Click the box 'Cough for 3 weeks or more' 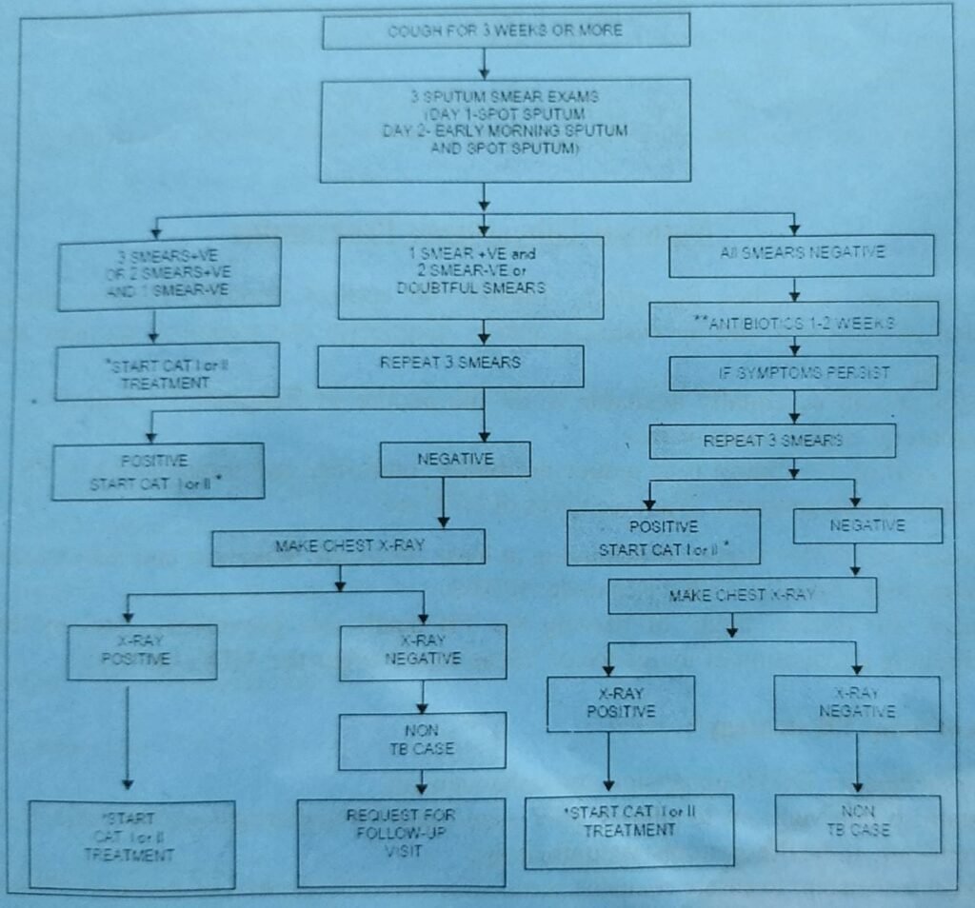pos(506,30)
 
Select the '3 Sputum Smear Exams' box pos(506,130)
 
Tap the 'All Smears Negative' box pos(803,254)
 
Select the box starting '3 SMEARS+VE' pos(169,273)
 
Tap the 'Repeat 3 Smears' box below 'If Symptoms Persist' pos(772,441)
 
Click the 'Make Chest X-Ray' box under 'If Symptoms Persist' pos(743,595)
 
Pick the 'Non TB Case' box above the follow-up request pos(422,740)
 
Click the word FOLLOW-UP pos(401,834)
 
